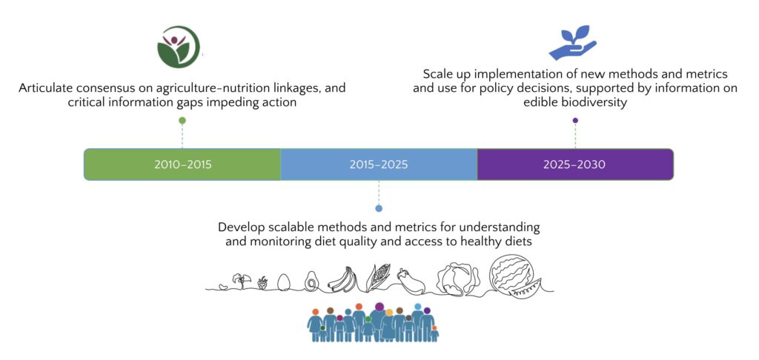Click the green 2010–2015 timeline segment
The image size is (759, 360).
182,164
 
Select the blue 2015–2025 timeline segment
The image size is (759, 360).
379,164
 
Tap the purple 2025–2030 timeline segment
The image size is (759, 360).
575,164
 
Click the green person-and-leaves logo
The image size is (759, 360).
179,47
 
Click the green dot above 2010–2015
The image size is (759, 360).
182,120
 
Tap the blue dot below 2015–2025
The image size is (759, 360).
379,208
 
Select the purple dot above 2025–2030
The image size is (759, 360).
575,120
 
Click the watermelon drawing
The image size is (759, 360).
511,277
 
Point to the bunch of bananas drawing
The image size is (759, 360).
342,280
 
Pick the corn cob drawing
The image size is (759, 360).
377,277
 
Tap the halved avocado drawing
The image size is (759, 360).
311,281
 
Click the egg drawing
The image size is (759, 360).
284,282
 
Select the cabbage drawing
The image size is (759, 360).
458,279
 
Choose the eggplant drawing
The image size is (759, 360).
411,281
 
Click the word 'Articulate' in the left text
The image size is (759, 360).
42,89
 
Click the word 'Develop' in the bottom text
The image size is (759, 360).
237,227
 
